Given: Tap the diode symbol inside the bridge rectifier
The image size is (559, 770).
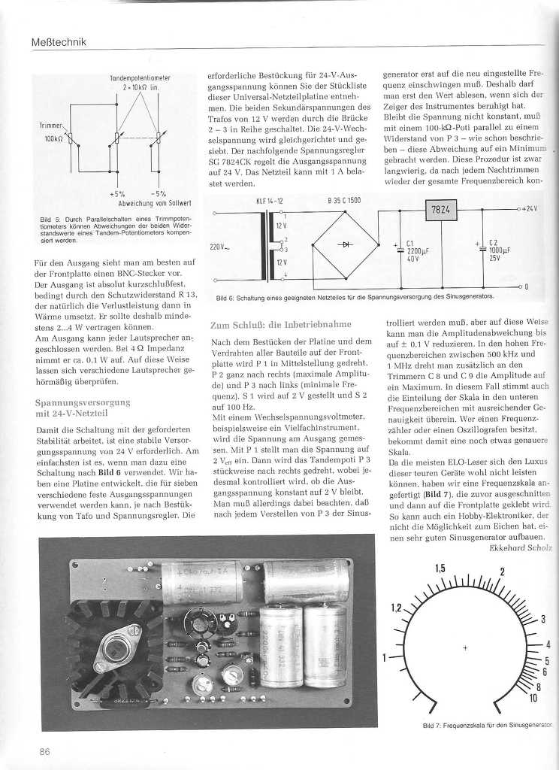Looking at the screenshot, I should point(346,244).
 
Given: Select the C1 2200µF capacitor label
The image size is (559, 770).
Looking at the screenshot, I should point(417,250).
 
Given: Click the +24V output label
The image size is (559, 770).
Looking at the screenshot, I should point(529,208).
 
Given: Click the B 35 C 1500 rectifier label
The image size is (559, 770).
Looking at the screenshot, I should point(344,201).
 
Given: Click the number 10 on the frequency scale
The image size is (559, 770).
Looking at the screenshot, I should point(533,699).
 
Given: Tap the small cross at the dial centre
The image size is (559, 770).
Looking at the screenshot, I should point(466,647).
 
